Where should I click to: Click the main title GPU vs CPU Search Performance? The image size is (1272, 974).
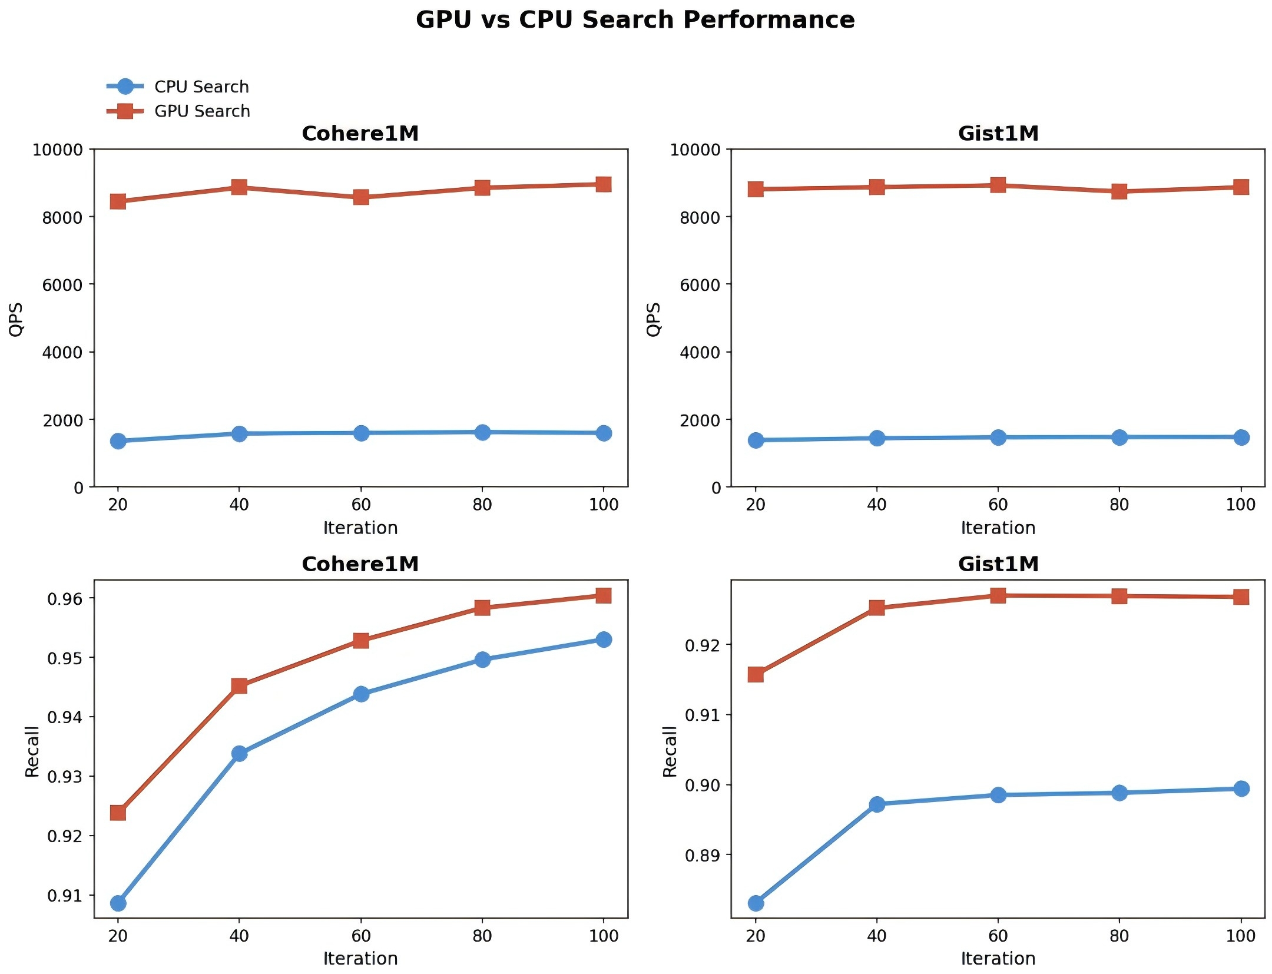click(635, 20)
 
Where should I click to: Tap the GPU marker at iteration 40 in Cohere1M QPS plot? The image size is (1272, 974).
click(239, 187)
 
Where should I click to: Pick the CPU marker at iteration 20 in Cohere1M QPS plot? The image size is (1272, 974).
click(118, 440)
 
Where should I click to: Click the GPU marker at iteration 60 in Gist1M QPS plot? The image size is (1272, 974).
click(998, 185)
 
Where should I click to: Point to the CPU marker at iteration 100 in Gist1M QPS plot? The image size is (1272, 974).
click(1241, 437)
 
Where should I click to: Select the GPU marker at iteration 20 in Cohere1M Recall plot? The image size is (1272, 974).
click(118, 813)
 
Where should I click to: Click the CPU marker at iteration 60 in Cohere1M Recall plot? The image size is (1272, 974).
click(361, 694)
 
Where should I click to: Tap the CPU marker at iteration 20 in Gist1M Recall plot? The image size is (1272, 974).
click(756, 903)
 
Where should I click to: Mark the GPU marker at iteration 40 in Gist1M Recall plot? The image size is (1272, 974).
click(877, 607)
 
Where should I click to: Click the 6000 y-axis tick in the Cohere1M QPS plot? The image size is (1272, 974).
click(62, 285)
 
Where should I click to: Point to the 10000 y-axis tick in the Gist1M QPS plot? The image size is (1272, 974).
click(695, 150)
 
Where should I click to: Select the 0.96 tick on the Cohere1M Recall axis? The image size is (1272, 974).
click(65, 599)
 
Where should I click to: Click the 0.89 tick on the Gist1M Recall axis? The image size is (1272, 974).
click(703, 855)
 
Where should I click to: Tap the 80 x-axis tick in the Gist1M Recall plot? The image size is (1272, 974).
click(1119, 936)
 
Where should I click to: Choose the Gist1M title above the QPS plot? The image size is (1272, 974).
click(998, 134)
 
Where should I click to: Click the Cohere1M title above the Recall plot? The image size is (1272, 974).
click(360, 564)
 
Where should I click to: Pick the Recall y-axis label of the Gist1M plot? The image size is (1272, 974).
click(670, 751)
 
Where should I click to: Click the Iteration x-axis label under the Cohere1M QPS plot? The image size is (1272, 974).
click(360, 528)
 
